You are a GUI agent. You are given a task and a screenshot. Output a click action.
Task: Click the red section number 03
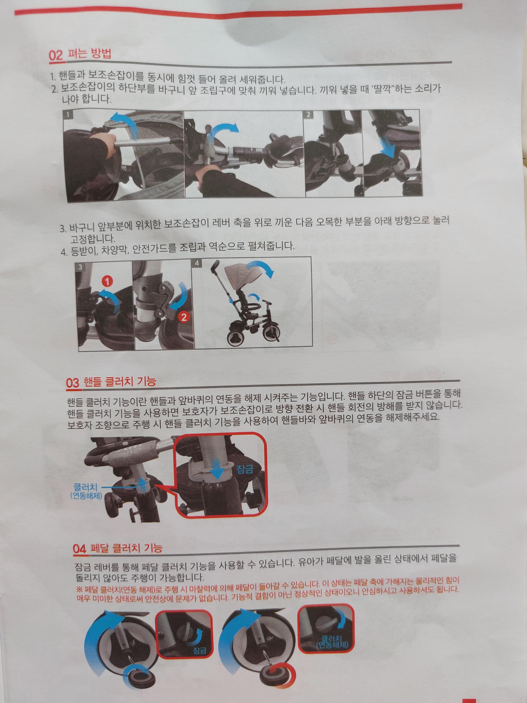pos(73,382)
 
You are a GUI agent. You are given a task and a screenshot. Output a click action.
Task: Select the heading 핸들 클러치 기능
pos(120,381)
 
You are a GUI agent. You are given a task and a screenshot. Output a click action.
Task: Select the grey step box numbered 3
pos(80,267)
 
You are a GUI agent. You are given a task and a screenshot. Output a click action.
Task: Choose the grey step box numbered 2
pos(308,115)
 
